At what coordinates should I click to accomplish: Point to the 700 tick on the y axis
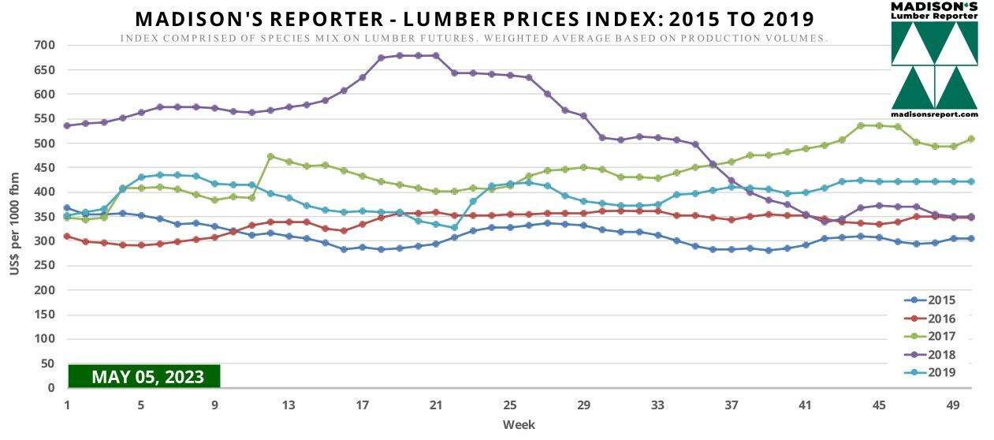tap(44, 45)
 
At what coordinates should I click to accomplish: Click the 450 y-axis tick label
tap(44, 168)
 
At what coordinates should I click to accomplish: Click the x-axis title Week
tap(519, 425)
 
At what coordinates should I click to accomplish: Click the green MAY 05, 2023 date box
tap(145, 376)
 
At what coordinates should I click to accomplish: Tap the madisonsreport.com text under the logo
tap(935, 114)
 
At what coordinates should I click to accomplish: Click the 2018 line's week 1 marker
tap(67, 125)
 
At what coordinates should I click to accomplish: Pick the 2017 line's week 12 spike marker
tap(270, 156)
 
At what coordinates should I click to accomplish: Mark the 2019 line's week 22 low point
tap(454, 228)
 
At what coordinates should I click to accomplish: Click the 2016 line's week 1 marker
tap(67, 236)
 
